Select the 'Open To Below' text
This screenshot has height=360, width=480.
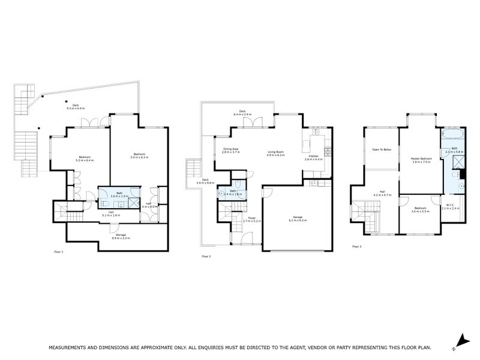(x=382, y=149)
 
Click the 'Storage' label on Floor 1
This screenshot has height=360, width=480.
(x=121, y=235)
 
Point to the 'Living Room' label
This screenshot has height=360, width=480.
(x=275, y=152)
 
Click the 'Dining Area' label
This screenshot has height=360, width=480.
(x=231, y=149)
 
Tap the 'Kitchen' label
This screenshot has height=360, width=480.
(x=314, y=156)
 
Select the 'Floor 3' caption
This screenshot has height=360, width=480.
(x=357, y=247)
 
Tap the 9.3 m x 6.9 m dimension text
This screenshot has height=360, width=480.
(x=76, y=108)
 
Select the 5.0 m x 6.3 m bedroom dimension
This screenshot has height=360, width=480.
(x=140, y=157)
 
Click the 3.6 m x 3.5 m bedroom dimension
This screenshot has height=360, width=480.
(x=419, y=212)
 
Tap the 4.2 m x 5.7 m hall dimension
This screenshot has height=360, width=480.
(x=382, y=196)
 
